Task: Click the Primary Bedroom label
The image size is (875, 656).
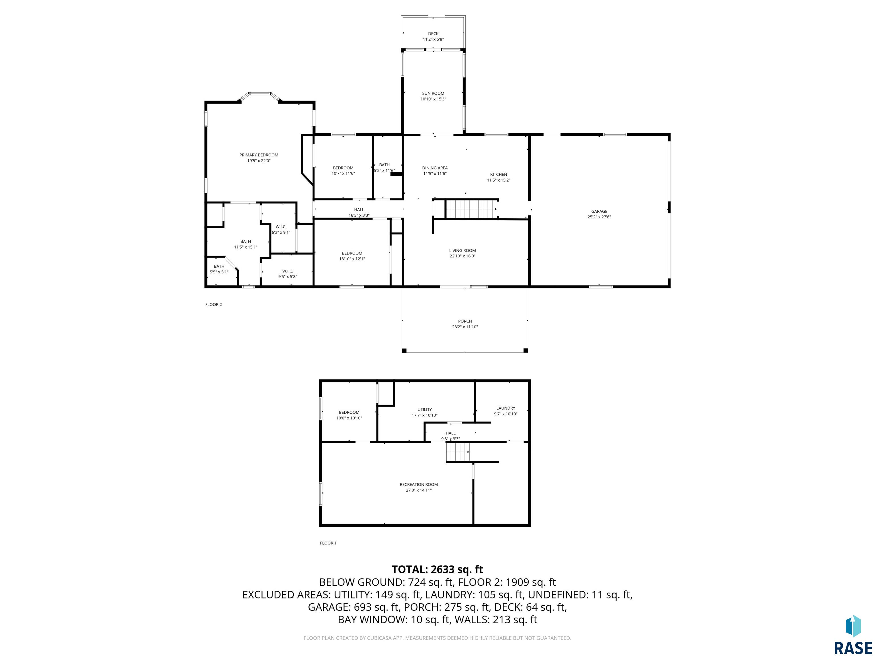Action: click(259, 155)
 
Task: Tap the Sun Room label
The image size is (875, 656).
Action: click(433, 93)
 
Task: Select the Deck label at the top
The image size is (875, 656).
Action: click(433, 34)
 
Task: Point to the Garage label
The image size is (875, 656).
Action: click(599, 211)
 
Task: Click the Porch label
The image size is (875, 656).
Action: click(465, 321)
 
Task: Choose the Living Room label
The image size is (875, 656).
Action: click(462, 250)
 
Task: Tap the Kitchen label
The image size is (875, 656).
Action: click(498, 174)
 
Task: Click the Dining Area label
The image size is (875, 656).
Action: click(435, 168)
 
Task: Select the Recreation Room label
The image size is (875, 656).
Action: click(418, 484)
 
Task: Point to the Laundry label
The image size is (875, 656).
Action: click(506, 408)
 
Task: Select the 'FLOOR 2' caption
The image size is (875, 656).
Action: click(213, 304)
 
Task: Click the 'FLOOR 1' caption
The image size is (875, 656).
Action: click(328, 543)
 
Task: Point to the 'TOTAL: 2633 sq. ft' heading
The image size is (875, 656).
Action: click(437, 569)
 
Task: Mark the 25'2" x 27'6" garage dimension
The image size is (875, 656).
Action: click(599, 217)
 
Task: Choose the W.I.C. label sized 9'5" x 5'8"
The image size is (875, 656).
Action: click(288, 274)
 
